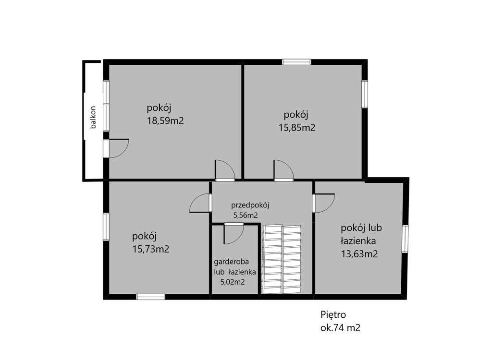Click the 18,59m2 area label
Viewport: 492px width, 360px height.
click(165, 121)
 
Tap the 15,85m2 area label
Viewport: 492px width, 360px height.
click(297, 128)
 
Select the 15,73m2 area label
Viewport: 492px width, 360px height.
click(150, 249)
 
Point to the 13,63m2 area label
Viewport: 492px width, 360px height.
click(359, 254)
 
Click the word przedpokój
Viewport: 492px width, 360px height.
click(250, 206)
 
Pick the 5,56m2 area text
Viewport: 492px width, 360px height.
click(246, 216)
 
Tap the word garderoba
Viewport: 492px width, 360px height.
click(231, 262)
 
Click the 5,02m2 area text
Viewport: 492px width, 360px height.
click(233, 282)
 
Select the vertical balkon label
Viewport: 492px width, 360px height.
click(93, 118)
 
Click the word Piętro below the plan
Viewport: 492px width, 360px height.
click(333, 314)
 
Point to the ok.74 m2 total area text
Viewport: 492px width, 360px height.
click(340, 328)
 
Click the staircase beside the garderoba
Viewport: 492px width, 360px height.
click(282, 259)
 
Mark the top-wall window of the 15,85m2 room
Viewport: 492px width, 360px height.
click(296, 62)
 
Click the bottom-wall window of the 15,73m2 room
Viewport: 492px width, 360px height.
click(151, 297)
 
